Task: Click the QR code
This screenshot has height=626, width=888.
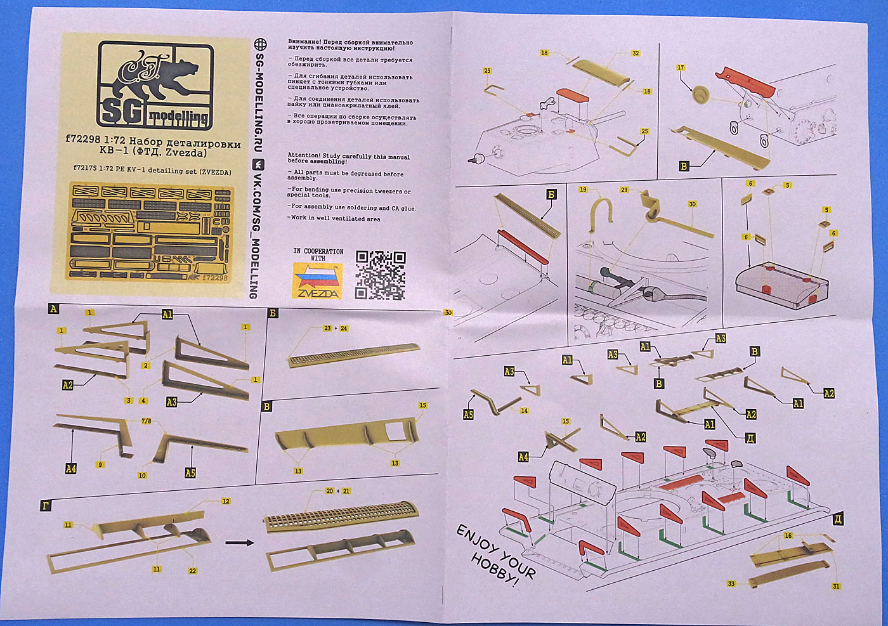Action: (x=381, y=275)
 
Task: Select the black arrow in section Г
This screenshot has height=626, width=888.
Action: (x=240, y=542)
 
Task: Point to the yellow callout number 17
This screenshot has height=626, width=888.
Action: (x=681, y=68)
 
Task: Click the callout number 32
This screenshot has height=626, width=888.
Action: (x=636, y=53)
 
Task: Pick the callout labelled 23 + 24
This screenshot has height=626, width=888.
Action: (x=336, y=329)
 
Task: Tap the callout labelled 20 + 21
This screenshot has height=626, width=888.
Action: (x=337, y=492)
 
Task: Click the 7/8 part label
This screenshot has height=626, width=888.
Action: (x=147, y=421)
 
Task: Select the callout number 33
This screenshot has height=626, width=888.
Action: (x=731, y=584)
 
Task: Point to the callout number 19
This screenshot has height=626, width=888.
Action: (x=583, y=190)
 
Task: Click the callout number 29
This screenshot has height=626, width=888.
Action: (x=624, y=190)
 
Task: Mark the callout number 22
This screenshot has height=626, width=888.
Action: (x=193, y=571)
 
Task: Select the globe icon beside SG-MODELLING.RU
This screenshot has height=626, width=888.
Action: (x=259, y=44)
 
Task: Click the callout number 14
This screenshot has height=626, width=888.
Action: (x=524, y=411)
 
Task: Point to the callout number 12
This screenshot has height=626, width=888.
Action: (x=226, y=502)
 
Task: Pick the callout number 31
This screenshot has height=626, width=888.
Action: (x=836, y=586)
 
